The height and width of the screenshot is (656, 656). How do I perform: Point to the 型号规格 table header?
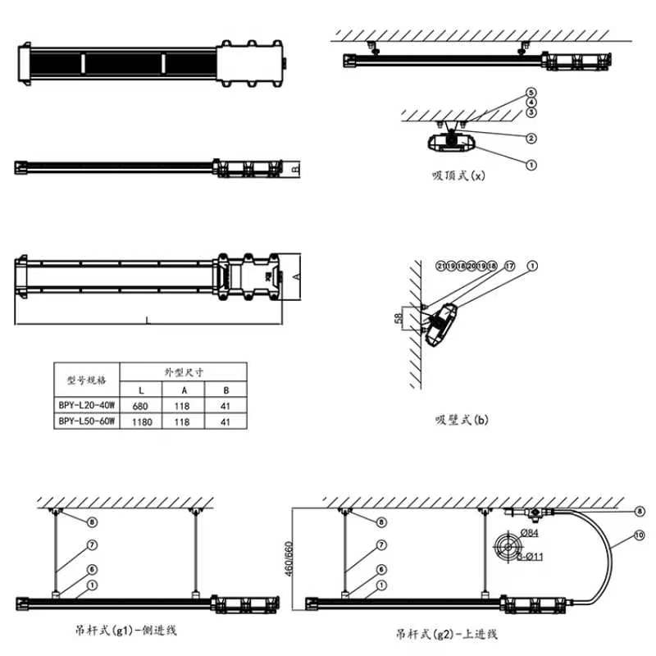click(x=86, y=380)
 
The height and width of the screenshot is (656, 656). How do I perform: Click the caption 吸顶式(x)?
click(x=459, y=175)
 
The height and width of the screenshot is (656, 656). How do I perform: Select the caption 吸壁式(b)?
click(x=462, y=420)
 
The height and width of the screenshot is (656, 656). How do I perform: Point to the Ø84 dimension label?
click(x=531, y=534)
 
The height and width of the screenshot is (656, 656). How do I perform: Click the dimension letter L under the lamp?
click(x=148, y=321)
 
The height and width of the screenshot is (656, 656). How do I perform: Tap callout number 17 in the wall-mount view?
click(x=509, y=266)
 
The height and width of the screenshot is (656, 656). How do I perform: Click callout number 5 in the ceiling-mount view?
click(x=531, y=93)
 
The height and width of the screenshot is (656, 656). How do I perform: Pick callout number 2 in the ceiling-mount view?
click(x=531, y=138)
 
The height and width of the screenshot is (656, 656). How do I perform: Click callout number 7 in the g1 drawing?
click(x=93, y=544)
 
